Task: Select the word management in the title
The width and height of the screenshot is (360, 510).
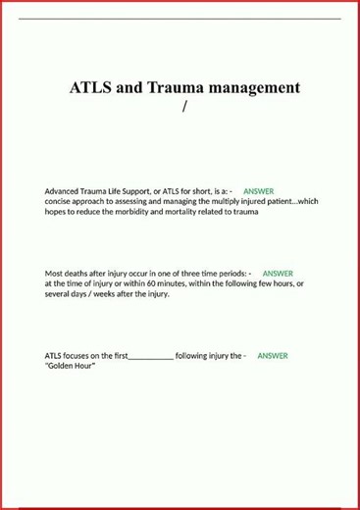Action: [254, 87]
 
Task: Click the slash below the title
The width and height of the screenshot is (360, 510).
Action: [183, 106]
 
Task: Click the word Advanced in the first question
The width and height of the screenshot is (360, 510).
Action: [63, 190]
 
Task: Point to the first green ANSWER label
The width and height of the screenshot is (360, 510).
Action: [258, 190]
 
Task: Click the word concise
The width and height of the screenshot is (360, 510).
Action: [59, 201]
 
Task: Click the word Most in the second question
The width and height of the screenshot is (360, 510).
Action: [55, 274]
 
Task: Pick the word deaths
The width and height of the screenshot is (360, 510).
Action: [79, 274]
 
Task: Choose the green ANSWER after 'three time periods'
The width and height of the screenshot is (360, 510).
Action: [278, 274]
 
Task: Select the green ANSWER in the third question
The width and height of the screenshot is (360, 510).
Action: [273, 356]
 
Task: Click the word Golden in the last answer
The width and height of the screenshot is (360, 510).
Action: [62, 366]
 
